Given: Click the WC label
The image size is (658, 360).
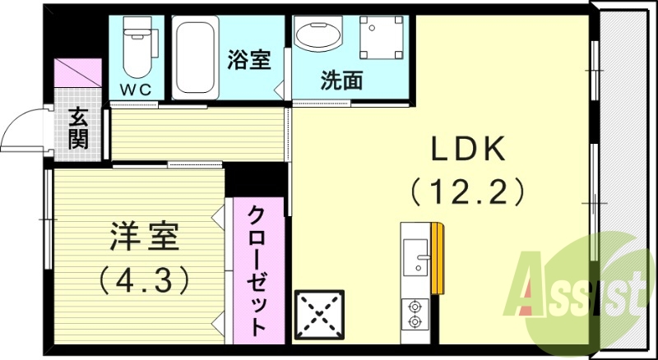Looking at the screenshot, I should [139, 88].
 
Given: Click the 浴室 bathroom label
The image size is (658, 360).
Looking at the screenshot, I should [248, 60].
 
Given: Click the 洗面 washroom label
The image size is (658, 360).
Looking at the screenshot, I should [342, 81].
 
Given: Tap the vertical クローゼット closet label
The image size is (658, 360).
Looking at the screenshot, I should [258, 271].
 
